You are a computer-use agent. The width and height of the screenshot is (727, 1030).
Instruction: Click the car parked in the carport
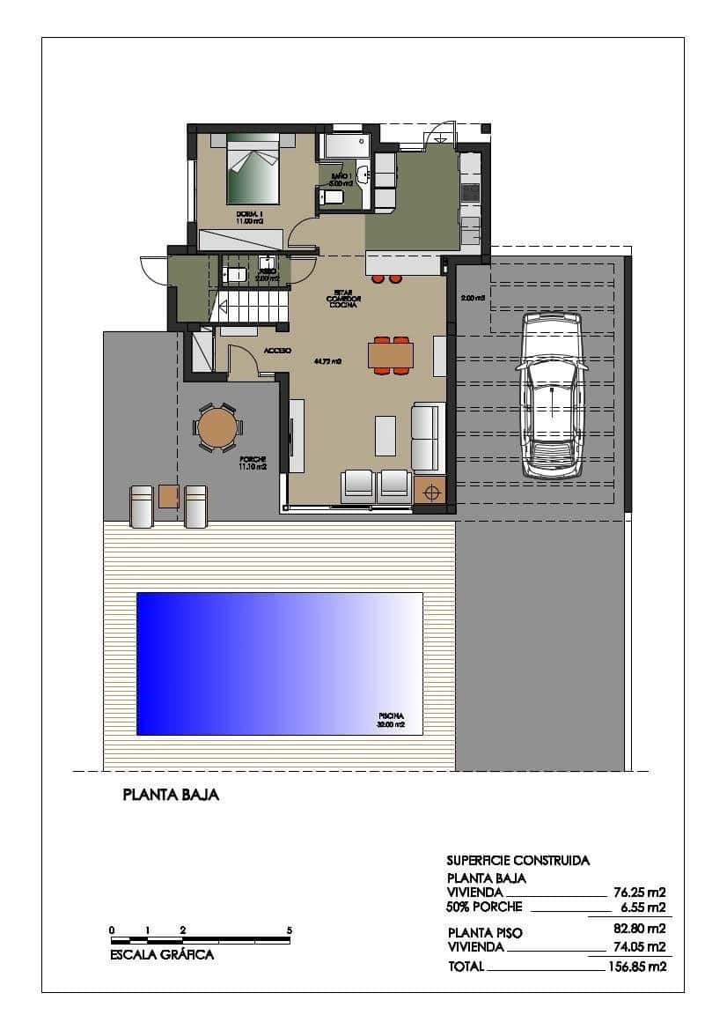pos(552,395)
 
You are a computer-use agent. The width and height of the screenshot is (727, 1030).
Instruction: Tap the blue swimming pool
pos(279,663)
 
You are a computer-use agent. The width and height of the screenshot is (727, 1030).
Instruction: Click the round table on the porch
pos(217,428)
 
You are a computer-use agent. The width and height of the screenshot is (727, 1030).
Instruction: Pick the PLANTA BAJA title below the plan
pos(171,795)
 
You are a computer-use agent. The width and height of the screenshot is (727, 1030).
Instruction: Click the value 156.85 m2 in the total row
pos(637,967)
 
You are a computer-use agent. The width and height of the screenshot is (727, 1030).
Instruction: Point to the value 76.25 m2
pos(639,891)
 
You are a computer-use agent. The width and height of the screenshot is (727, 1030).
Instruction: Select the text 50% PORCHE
pos(484,907)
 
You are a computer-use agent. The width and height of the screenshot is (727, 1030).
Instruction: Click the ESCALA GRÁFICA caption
pos(162,954)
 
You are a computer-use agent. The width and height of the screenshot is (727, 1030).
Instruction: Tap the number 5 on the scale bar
pos(289,930)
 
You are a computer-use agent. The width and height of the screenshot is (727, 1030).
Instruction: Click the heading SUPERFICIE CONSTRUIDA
pos(518,860)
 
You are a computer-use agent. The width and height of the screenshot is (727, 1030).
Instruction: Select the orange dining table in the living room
pos(391,354)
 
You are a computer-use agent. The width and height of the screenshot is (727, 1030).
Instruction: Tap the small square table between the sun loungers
pos(169,496)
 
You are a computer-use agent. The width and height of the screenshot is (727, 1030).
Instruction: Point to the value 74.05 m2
pos(639,947)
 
